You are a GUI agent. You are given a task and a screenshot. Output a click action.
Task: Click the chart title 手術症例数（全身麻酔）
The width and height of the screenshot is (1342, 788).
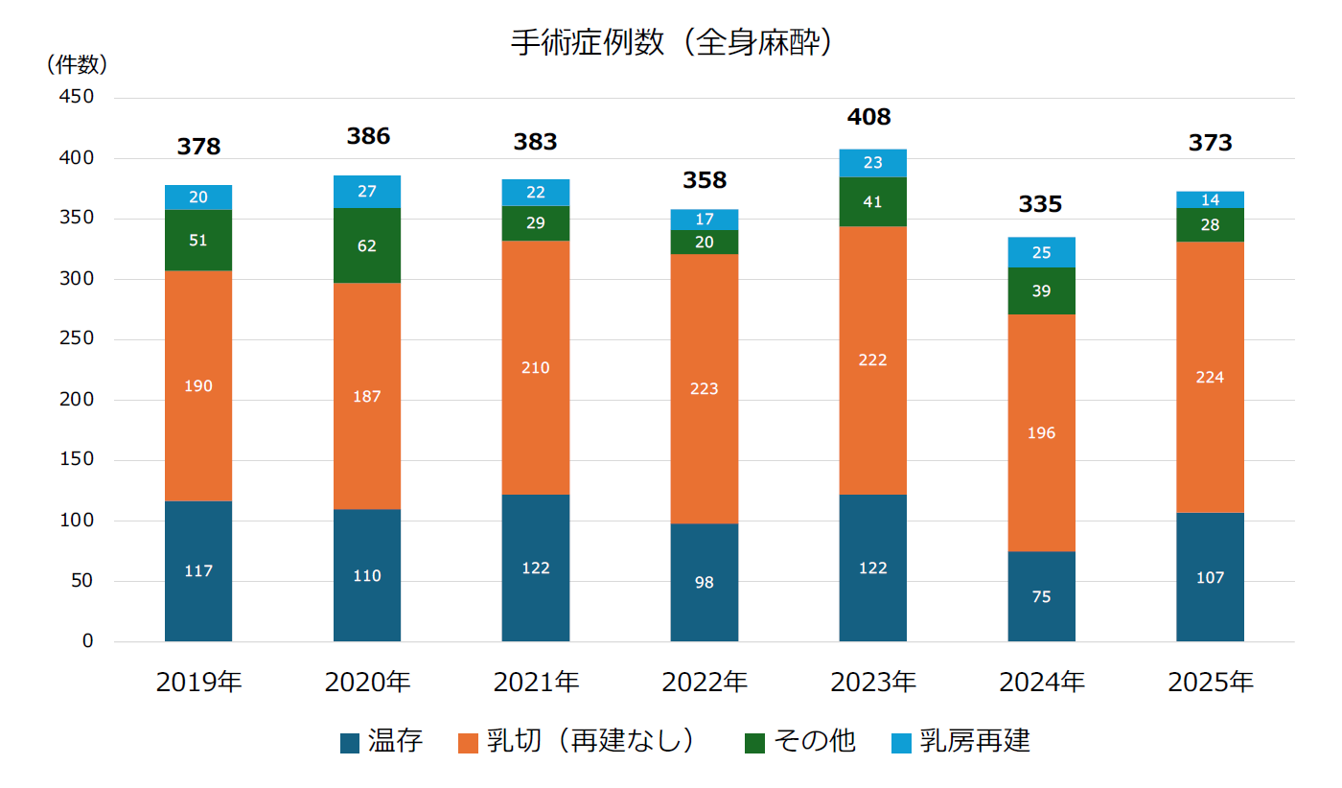(671, 42)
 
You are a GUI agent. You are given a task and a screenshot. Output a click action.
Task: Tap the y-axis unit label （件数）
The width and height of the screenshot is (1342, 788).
(77, 64)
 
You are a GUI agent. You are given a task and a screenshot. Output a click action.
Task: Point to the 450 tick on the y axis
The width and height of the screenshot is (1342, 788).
(76, 97)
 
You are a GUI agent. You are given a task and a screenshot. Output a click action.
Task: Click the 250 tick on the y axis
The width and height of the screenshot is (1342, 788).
(76, 338)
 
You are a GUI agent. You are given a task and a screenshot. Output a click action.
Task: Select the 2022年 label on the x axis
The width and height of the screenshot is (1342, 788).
(705, 682)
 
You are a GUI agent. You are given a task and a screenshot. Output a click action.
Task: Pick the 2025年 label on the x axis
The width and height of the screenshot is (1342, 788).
(1210, 682)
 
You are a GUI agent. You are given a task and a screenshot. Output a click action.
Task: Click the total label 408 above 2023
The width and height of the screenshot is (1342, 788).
(868, 117)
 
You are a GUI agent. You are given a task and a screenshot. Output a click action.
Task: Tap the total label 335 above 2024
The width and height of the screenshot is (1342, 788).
(1040, 204)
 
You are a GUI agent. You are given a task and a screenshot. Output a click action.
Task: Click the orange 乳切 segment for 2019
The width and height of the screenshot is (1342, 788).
(198, 385)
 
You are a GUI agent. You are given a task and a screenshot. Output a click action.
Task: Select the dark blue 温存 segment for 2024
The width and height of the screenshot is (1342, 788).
(1041, 596)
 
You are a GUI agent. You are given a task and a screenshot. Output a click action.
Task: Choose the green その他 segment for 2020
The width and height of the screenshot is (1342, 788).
(366, 245)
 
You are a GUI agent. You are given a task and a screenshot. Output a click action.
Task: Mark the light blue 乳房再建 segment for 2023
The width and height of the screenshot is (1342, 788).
(872, 163)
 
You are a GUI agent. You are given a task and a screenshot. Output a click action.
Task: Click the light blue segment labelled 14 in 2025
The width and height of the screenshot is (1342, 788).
(1210, 199)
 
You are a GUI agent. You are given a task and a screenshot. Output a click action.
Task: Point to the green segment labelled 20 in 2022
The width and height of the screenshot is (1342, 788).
(704, 243)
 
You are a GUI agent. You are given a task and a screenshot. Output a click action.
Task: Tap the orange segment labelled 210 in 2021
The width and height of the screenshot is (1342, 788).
(536, 367)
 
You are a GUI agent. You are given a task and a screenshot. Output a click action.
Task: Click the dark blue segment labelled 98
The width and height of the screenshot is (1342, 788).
(704, 583)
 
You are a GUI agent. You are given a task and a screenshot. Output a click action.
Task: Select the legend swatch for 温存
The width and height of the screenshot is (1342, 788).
(350, 743)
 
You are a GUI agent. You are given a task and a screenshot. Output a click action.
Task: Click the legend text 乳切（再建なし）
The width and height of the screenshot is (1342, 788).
(590, 741)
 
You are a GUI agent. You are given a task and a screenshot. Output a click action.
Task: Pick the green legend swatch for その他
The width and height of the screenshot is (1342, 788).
(754, 743)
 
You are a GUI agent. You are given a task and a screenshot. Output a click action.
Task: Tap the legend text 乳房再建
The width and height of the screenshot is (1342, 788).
(975, 741)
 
